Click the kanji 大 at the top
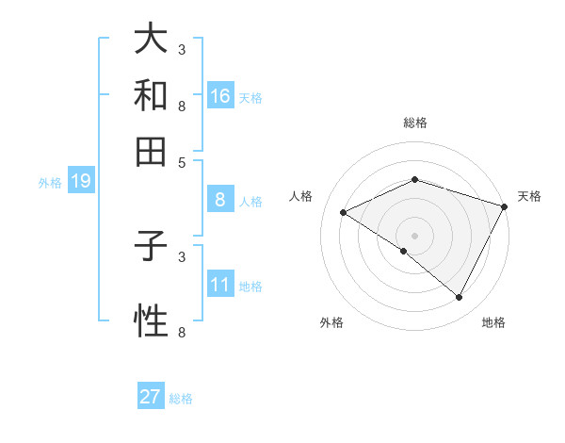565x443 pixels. [151, 41]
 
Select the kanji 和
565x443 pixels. [151, 95]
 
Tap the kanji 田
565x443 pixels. [151, 150]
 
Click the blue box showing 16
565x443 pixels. [220, 95]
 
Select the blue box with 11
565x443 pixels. [220, 284]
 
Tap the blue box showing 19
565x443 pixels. [80, 181]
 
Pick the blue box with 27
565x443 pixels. [151, 397]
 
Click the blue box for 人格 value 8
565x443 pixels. [220, 199]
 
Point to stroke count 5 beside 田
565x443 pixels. [182, 162]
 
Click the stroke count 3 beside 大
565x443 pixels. [182, 49]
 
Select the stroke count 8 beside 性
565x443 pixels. [182, 332]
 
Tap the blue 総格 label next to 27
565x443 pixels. [181, 399]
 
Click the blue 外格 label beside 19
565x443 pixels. [50, 183]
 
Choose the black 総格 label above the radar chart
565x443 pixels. [415, 123]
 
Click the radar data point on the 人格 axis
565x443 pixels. [344, 213]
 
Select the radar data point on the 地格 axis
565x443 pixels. [460, 298]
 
